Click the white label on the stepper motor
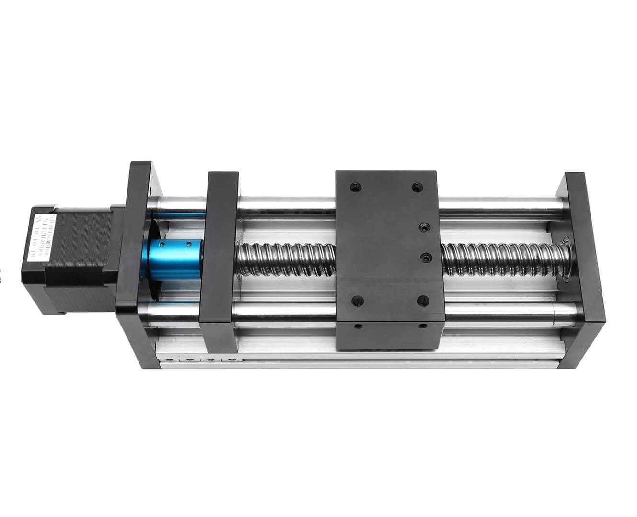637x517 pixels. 39,237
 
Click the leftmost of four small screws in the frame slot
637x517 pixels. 169,360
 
